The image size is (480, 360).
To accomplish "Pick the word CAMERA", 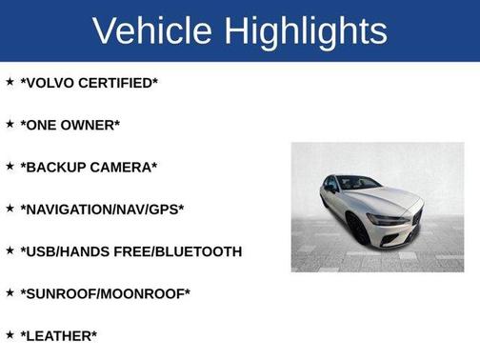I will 124,167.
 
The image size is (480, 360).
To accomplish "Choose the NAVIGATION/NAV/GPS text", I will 102,209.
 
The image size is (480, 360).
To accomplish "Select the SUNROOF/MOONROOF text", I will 105,293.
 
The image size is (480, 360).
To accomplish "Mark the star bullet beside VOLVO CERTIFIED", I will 10,82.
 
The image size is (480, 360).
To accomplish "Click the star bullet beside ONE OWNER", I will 10,124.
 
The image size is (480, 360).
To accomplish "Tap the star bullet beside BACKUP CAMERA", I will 10,166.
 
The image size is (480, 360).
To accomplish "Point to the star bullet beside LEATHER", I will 10,334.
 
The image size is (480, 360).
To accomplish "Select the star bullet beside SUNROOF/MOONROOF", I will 10,292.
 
